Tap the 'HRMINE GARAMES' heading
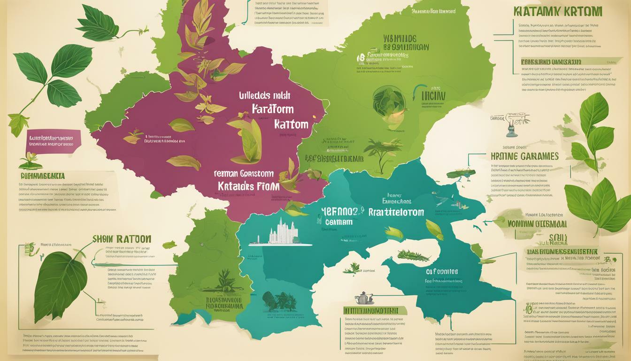click(524, 156)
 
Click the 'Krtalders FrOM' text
click(249, 186)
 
